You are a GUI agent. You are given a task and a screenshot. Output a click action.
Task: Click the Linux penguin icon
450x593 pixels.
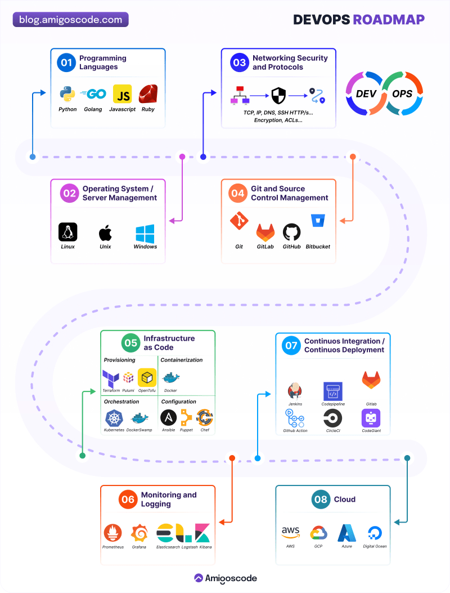68,232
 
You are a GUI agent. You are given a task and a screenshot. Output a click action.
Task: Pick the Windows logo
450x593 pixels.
145,233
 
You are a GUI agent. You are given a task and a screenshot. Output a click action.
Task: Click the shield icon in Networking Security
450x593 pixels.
278,96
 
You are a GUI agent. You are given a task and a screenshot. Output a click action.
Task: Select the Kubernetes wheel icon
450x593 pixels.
114,418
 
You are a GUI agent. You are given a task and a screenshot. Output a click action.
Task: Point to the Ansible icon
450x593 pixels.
168,418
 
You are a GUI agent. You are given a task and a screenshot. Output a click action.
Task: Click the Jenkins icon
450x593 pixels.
295,390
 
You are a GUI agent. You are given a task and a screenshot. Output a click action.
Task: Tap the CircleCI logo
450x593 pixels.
332,419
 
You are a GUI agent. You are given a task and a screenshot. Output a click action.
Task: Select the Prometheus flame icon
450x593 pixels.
113,533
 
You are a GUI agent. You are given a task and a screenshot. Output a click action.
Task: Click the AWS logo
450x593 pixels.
290,532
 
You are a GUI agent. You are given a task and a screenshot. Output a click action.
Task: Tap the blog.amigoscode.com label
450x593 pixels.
71,20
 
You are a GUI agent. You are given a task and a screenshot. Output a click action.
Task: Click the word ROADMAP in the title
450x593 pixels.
389,20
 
